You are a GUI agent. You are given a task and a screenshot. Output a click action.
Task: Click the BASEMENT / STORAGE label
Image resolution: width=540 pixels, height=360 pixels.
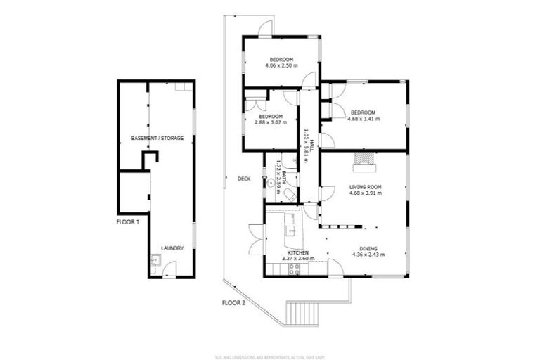click(x=157, y=139)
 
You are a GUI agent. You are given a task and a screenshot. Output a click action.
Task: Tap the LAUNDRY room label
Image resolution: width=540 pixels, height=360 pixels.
click(x=172, y=248)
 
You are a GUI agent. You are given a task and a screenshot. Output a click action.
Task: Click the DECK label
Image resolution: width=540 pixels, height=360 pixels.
click(x=244, y=179)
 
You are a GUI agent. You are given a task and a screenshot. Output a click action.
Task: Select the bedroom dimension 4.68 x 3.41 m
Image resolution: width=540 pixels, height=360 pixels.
click(x=364, y=119)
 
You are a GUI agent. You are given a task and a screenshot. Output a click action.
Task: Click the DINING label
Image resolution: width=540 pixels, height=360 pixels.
click(x=368, y=248)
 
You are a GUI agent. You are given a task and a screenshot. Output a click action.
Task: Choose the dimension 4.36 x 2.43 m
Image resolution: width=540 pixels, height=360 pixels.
click(x=368, y=255)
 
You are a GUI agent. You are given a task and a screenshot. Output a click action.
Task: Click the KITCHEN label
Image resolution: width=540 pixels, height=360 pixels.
click(x=299, y=252)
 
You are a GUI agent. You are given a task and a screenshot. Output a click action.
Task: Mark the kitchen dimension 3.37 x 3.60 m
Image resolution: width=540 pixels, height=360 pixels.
click(x=299, y=258)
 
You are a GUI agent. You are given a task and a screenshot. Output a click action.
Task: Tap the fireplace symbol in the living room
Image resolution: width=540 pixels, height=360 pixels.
click(x=364, y=160)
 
